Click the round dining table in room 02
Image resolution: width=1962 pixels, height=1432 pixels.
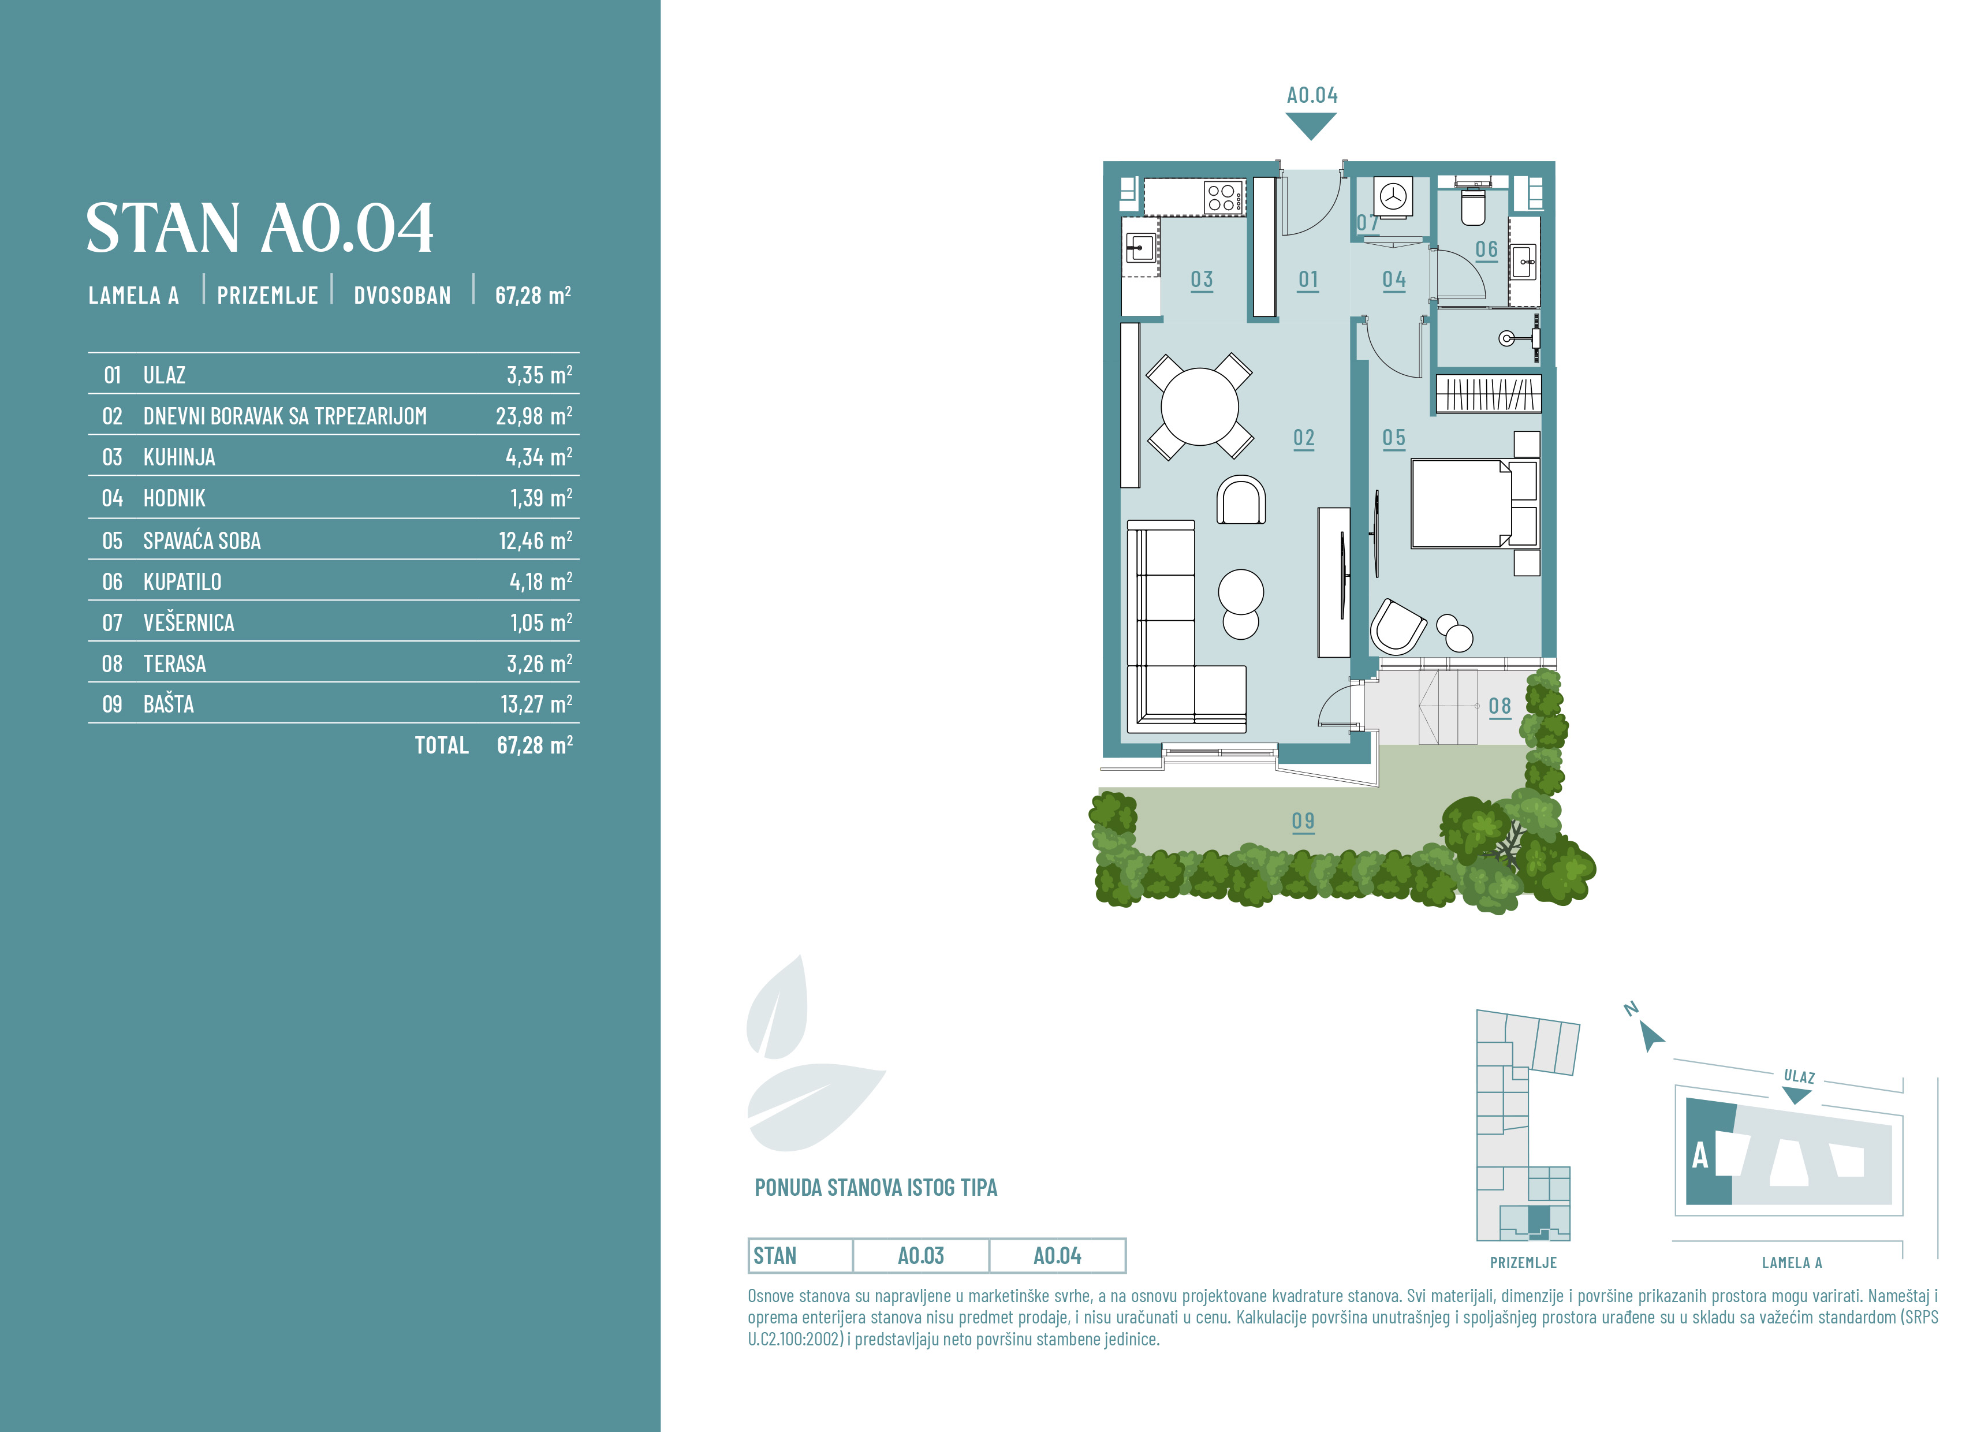[1199, 406]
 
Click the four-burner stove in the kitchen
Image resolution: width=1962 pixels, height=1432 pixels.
[1223, 197]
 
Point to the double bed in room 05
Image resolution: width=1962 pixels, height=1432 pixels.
[1474, 504]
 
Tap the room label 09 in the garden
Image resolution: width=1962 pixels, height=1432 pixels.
[1303, 821]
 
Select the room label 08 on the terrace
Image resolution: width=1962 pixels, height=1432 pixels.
[1500, 706]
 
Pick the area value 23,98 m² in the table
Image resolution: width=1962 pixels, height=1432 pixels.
[534, 416]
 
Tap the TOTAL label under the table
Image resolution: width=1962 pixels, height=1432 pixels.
[441, 745]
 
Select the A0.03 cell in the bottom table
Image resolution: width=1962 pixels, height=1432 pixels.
[920, 1256]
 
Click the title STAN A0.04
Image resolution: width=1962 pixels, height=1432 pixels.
[259, 228]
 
